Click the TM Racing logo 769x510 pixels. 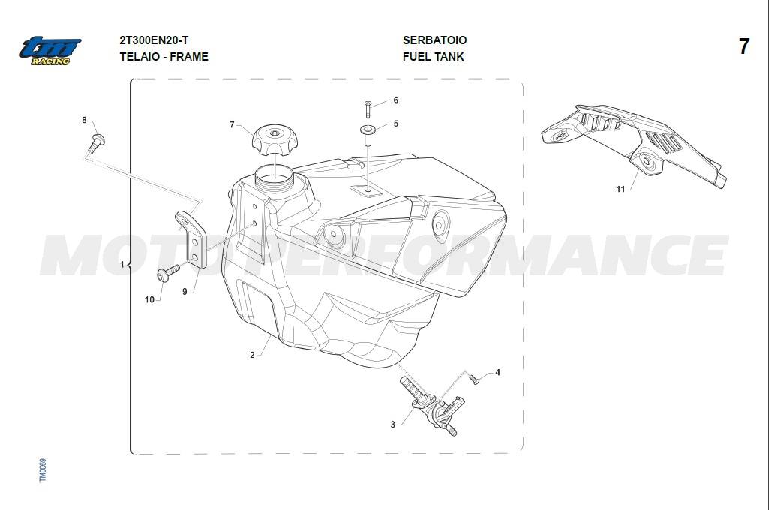[x=50, y=50]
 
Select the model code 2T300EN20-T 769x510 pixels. [x=154, y=40]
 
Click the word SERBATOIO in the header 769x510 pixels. [x=434, y=40]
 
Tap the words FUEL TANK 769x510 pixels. [x=433, y=57]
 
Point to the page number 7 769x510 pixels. [x=744, y=46]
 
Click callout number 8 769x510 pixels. [x=84, y=120]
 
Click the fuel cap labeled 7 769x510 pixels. [x=275, y=139]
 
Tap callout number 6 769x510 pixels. [x=396, y=100]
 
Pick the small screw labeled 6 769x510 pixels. [x=368, y=108]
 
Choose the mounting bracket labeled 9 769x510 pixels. [x=191, y=239]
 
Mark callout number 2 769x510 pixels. [x=252, y=355]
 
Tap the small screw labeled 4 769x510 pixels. [x=473, y=379]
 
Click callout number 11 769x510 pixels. [x=620, y=189]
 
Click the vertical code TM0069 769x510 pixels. [x=43, y=469]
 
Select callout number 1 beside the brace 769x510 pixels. [x=122, y=264]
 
